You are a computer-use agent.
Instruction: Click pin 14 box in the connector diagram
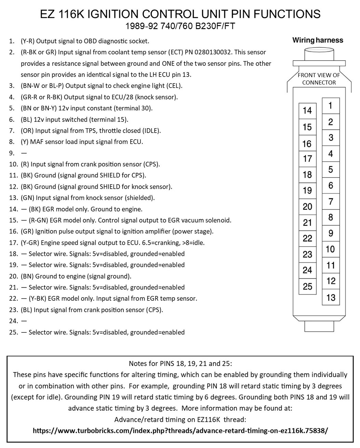coord(307,110)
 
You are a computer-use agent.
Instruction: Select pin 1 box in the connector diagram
coord(331,105)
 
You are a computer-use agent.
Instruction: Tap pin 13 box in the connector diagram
coord(331,297)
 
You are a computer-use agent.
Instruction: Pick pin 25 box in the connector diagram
coord(307,286)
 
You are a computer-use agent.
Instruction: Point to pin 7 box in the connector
coord(331,201)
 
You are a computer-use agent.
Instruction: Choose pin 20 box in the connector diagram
coord(307,207)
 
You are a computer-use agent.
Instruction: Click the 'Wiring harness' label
coord(318,40)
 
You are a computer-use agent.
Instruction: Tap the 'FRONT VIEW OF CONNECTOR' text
coord(319,79)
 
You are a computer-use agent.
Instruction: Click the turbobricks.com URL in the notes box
coord(180,431)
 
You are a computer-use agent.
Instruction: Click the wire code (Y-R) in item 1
coord(27,41)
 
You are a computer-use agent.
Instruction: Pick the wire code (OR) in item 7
coord(27,131)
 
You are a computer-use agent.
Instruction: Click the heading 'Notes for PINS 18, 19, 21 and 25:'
coord(180,363)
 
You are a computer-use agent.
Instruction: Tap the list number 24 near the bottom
coord(13,321)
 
